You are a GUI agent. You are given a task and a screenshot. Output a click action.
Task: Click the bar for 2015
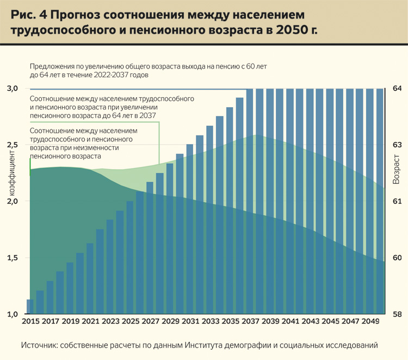(30, 307)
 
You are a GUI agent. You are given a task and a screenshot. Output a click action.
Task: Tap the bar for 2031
(189, 229)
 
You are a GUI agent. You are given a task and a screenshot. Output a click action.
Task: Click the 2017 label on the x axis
(51, 321)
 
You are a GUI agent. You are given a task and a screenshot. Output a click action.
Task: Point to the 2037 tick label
(250, 321)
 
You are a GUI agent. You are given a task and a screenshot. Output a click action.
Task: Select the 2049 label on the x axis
(369, 321)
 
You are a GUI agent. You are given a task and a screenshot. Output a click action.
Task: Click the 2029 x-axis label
(170, 321)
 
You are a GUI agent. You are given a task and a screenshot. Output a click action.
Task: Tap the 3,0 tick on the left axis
(12, 88)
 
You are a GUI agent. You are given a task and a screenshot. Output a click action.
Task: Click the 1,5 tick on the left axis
(12, 258)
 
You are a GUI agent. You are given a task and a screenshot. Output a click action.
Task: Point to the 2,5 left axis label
(12, 145)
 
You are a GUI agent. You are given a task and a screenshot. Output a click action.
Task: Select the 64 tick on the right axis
(397, 88)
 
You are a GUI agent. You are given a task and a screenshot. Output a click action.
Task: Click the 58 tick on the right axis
(397, 314)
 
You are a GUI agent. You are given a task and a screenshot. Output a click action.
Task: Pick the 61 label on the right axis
(397, 201)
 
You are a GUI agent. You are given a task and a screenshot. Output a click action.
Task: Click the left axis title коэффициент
(12, 176)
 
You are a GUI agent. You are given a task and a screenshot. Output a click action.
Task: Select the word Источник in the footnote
(39, 345)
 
